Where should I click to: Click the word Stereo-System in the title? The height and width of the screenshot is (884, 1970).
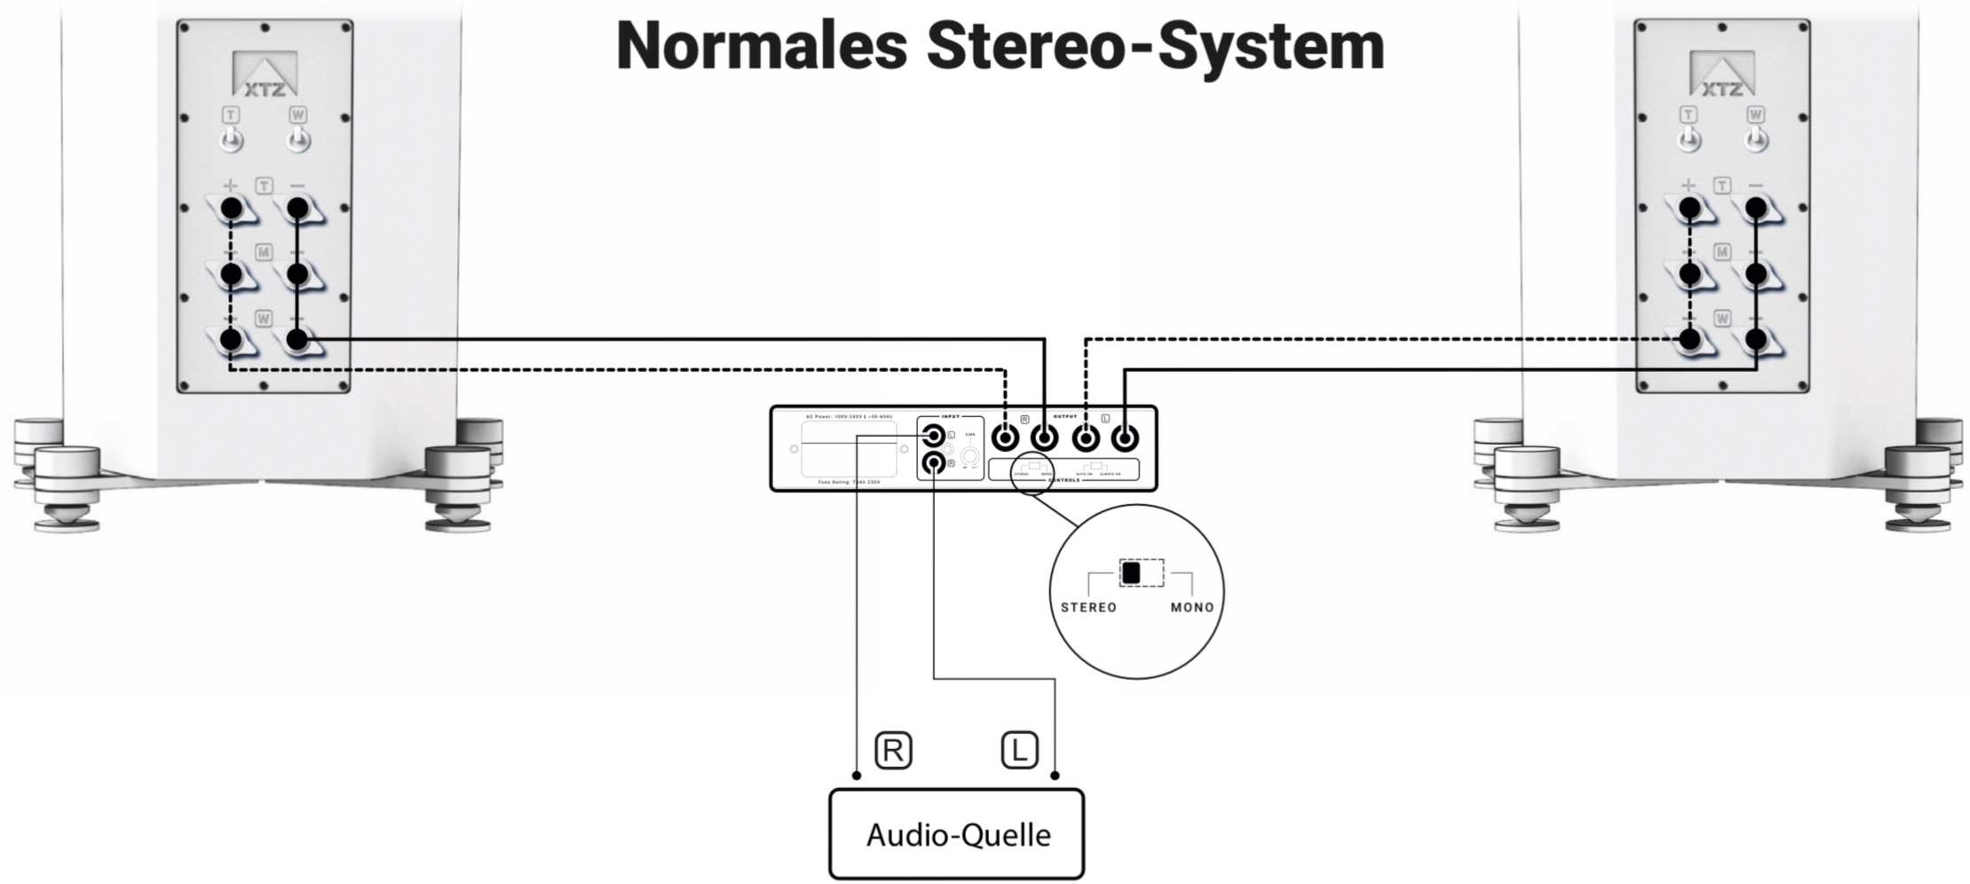click(x=1155, y=46)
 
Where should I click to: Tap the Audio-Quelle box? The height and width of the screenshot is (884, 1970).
click(x=956, y=834)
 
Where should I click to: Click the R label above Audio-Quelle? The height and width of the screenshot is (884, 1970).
click(x=892, y=751)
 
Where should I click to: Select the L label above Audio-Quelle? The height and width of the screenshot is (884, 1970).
click(x=1019, y=750)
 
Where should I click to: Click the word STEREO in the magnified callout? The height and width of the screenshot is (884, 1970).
click(x=1088, y=608)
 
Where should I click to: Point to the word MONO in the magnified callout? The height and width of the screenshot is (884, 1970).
click(x=1191, y=608)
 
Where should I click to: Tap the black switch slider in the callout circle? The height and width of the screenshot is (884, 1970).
click(x=1130, y=573)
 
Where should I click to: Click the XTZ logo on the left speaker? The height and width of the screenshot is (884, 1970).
click(x=265, y=75)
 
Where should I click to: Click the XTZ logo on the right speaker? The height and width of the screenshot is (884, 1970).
click(x=1721, y=75)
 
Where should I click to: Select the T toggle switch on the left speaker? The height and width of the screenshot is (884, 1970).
click(x=232, y=138)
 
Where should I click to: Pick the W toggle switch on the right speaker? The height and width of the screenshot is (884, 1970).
click(x=1755, y=138)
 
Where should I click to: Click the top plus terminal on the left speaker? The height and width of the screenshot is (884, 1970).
click(x=231, y=209)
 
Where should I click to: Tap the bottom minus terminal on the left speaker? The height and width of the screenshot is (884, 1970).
click(x=297, y=339)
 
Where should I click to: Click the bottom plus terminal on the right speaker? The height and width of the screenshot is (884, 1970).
click(x=1689, y=339)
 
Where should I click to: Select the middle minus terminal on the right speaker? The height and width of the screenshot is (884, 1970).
click(x=1755, y=274)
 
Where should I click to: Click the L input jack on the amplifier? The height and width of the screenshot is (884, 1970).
click(x=933, y=436)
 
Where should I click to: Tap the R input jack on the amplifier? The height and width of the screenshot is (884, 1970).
click(x=933, y=462)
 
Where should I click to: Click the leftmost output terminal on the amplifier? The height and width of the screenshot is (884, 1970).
click(x=1005, y=438)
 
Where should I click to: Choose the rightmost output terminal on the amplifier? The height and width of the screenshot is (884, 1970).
click(x=1125, y=438)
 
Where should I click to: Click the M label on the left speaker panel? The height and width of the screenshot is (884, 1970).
click(x=264, y=253)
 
